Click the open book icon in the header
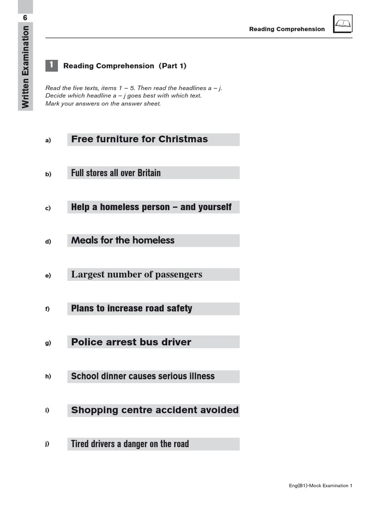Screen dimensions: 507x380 [x=342, y=24]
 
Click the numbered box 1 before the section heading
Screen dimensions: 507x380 [x=51, y=65]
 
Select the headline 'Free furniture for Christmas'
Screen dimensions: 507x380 [x=140, y=139]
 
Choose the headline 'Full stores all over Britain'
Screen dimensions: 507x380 [x=116, y=173]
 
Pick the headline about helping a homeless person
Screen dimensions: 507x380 [x=151, y=207]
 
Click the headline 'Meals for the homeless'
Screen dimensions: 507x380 [x=123, y=241]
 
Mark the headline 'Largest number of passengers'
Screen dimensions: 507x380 [x=137, y=274]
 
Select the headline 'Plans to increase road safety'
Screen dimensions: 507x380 [x=132, y=308]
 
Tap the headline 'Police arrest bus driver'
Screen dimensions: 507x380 [x=131, y=342]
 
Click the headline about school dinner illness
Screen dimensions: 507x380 [x=143, y=376]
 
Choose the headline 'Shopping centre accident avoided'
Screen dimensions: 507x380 [x=154, y=410]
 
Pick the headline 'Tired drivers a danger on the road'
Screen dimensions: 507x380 [x=130, y=444]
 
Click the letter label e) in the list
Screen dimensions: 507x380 [x=48, y=275]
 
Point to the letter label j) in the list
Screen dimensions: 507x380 [x=47, y=444]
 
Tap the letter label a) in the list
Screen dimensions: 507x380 [x=48, y=140]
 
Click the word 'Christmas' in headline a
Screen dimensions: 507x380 [x=183, y=139]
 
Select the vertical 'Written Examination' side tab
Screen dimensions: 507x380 [x=26, y=67]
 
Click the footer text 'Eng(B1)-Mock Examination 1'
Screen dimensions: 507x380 [x=321, y=486]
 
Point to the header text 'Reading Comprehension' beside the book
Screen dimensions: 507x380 [x=287, y=29]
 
